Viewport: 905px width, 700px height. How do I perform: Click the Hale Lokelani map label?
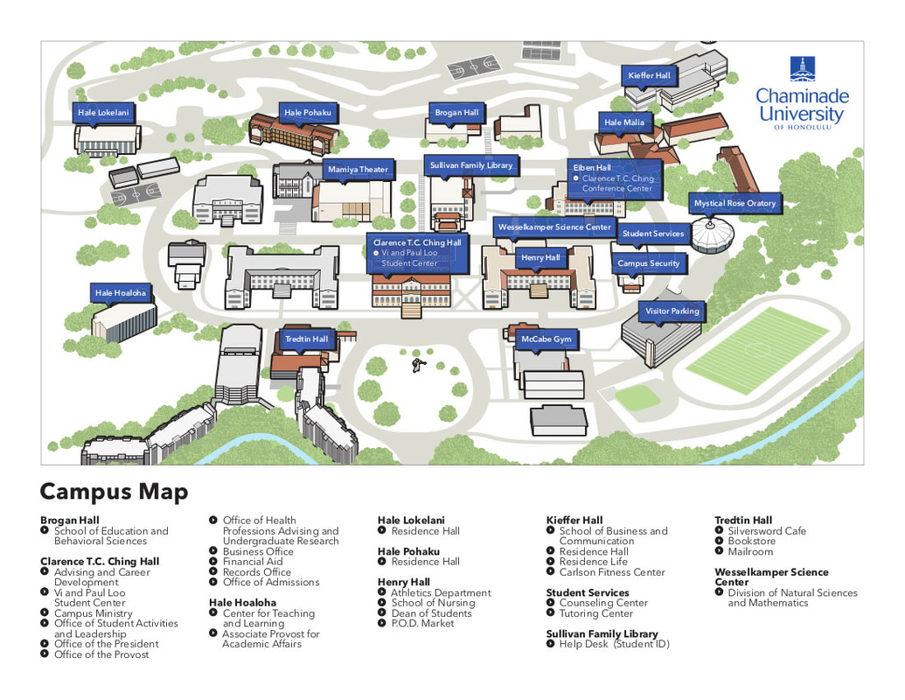coord(103,113)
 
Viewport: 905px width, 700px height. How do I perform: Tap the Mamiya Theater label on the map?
coord(358,170)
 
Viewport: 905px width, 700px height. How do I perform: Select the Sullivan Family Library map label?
coord(471,165)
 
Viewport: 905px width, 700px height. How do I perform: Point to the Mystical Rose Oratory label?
coord(734,204)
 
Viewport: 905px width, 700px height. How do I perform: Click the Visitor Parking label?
coord(672,311)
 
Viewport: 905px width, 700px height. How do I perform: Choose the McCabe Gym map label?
coord(546,339)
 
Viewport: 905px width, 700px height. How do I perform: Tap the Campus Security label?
coord(648,263)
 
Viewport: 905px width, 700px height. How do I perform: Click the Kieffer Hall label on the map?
coord(649,76)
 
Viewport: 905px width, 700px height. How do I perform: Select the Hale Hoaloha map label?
coord(121,293)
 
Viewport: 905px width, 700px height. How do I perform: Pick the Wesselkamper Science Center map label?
coord(554,227)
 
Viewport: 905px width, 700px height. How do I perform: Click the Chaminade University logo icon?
coord(802,68)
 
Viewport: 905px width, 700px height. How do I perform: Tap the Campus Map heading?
coord(114,492)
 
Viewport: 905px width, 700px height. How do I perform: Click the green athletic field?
coord(756,350)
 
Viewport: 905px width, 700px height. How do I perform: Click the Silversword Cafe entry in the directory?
coord(767,531)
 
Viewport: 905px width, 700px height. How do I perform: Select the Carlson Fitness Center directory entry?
coord(612,572)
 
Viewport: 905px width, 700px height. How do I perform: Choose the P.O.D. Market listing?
coord(423,624)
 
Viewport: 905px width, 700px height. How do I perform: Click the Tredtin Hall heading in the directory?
coord(743,521)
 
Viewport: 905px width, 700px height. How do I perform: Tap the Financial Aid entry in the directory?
coord(253,562)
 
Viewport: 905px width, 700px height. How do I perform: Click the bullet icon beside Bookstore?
coord(720,542)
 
